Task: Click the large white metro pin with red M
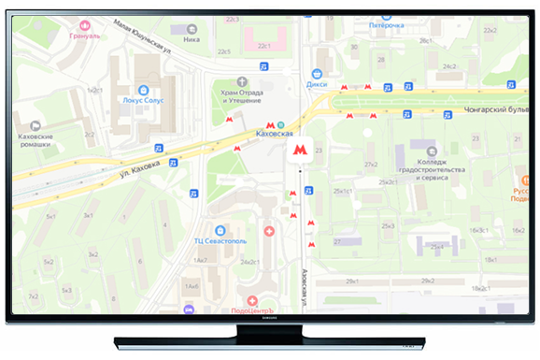coord(299,149)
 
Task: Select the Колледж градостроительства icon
coord(431,151)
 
